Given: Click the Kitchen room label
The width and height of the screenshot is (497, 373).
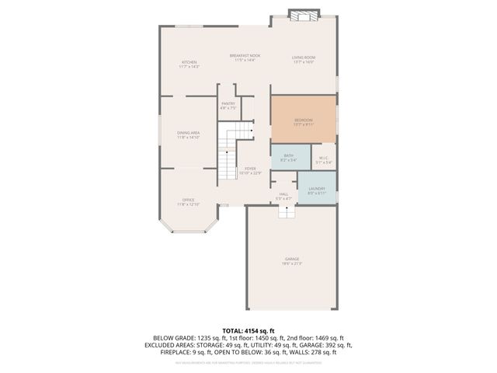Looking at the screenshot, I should pyautogui.click(x=189, y=62).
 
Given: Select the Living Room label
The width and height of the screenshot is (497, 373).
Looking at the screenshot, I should pyautogui.click(x=304, y=58).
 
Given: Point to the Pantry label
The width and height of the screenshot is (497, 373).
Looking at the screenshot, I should pyautogui.click(x=228, y=103).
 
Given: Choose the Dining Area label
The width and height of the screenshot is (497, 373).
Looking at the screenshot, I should pyautogui.click(x=189, y=133).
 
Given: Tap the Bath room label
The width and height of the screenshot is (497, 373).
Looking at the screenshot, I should pyautogui.click(x=288, y=155).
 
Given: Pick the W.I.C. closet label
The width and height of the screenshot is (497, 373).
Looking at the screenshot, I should pyautogui.click(x=325, y=159).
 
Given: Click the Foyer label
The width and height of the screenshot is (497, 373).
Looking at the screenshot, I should pyautogui.click(x=250, y=169).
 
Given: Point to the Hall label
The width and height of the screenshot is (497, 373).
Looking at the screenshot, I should pyautogui.click(x=283, y=194).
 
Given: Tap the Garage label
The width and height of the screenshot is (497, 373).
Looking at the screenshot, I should pyautogui.click(x=292, y=259).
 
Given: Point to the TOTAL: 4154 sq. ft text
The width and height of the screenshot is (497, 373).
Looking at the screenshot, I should pyautogui.click(x=248, y=329).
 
